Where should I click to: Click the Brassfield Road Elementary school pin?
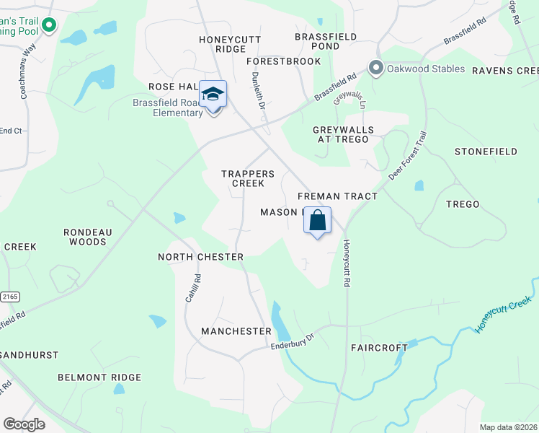pos(213,95)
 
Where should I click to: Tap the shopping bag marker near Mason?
pos(317,221)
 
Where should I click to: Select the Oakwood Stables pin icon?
pos(375,69)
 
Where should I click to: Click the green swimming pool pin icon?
pos(49,26)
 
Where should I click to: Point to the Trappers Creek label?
pos(248,178)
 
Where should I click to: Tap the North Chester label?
pos(200,257)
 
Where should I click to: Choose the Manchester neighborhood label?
pos(236,331)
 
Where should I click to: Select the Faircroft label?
pos(379,347)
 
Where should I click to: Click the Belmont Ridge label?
pos(99,377)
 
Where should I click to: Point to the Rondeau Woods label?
pos(85,237)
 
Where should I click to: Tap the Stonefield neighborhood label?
pos(486,152)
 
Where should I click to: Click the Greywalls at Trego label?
pos(343,134)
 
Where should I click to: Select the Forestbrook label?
pos(286,61)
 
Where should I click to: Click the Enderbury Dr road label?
pos(293,341)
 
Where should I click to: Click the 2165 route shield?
pos(9,297)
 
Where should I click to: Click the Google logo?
pos(24,424)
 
